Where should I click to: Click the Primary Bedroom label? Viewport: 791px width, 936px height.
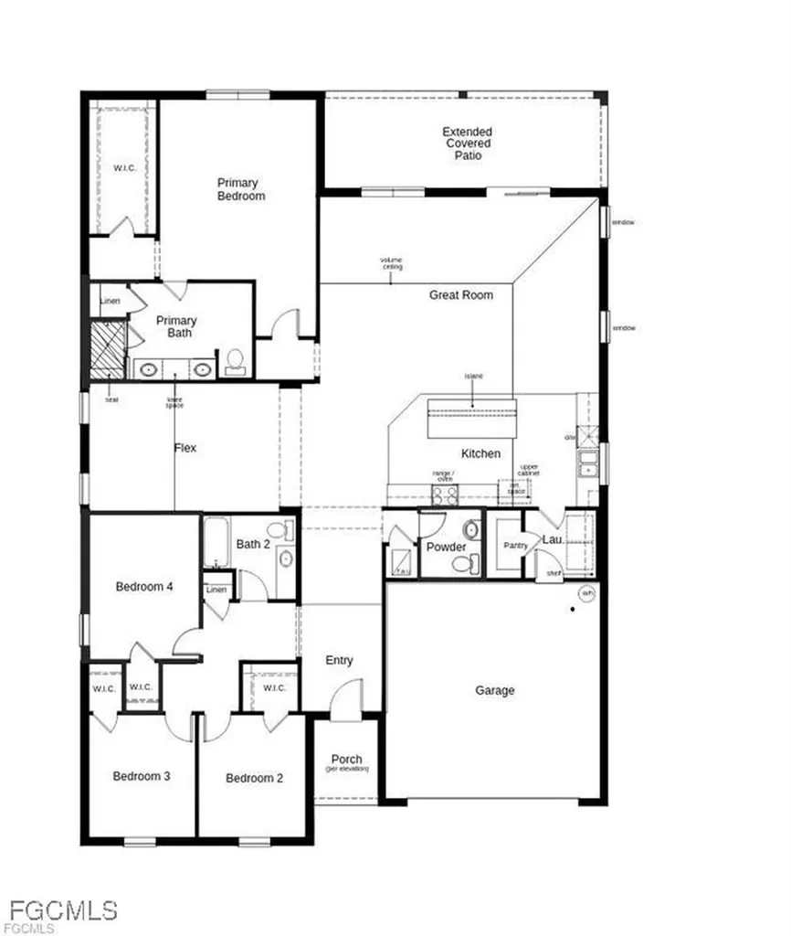click(240, 189)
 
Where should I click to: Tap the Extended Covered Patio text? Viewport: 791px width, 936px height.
click(468, 144)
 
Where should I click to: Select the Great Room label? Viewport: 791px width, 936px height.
click(461, 295)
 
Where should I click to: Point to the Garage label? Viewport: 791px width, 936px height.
click(494, 691)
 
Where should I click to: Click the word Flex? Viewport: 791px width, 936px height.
click(185, 448)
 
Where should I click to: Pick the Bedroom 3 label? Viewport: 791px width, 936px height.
click(141, 777)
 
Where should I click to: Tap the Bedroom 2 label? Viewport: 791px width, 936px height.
click(254, 778)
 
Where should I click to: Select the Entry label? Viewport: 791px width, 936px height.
click(339, 661)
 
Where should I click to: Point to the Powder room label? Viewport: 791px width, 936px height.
click(447, 548)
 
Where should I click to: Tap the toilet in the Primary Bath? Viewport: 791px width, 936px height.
click(235, 361)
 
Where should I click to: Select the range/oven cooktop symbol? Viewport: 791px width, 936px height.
click(445, 495)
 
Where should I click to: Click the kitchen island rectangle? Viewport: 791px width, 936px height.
click(472, 414)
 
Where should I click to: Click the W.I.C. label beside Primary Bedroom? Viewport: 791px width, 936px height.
click(124, 168)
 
